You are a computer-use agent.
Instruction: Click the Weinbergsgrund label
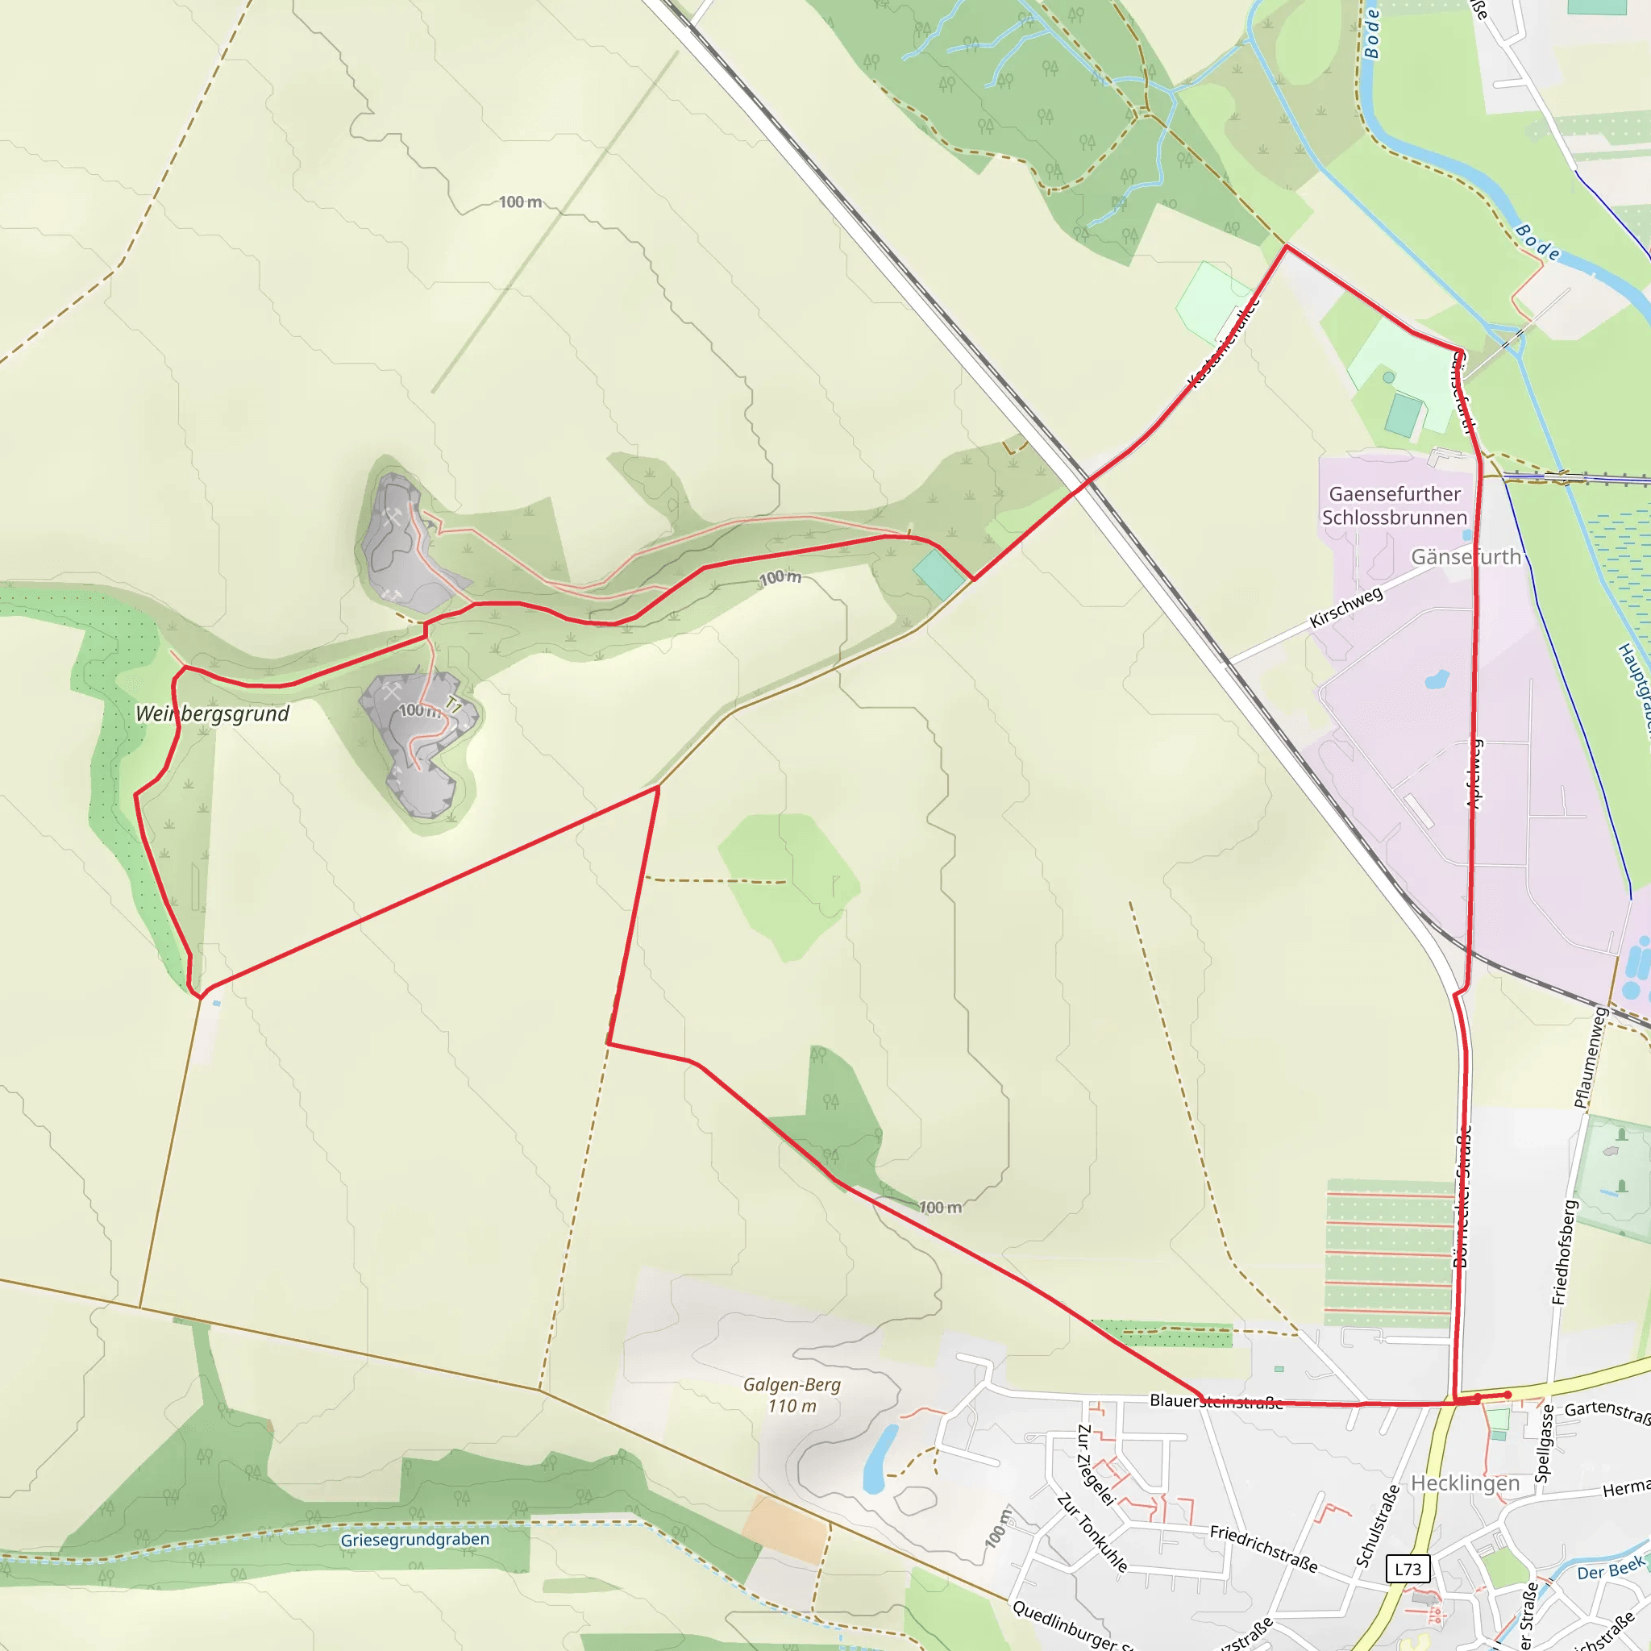[212, 713]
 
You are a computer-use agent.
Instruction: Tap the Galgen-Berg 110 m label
[792, 1395]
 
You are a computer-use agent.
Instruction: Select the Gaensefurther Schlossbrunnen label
[1394, 506]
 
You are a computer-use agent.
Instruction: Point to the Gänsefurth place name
[1466, 557]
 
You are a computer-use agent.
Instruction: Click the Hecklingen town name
[1465, 1483]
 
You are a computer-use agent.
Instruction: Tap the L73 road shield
[1408, 1569]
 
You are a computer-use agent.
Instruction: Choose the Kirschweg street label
[1346, 608]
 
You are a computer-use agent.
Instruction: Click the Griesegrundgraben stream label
[414, 1539]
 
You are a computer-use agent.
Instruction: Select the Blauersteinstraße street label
[1215, 1400]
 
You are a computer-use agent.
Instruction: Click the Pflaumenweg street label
[1591, 1057]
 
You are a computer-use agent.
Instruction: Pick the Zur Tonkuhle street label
[1092, 1532]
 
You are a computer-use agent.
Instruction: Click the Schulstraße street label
[1378, 1526]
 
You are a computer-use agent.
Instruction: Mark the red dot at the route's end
[1508, 1395]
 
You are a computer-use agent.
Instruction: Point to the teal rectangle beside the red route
[939, 575]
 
